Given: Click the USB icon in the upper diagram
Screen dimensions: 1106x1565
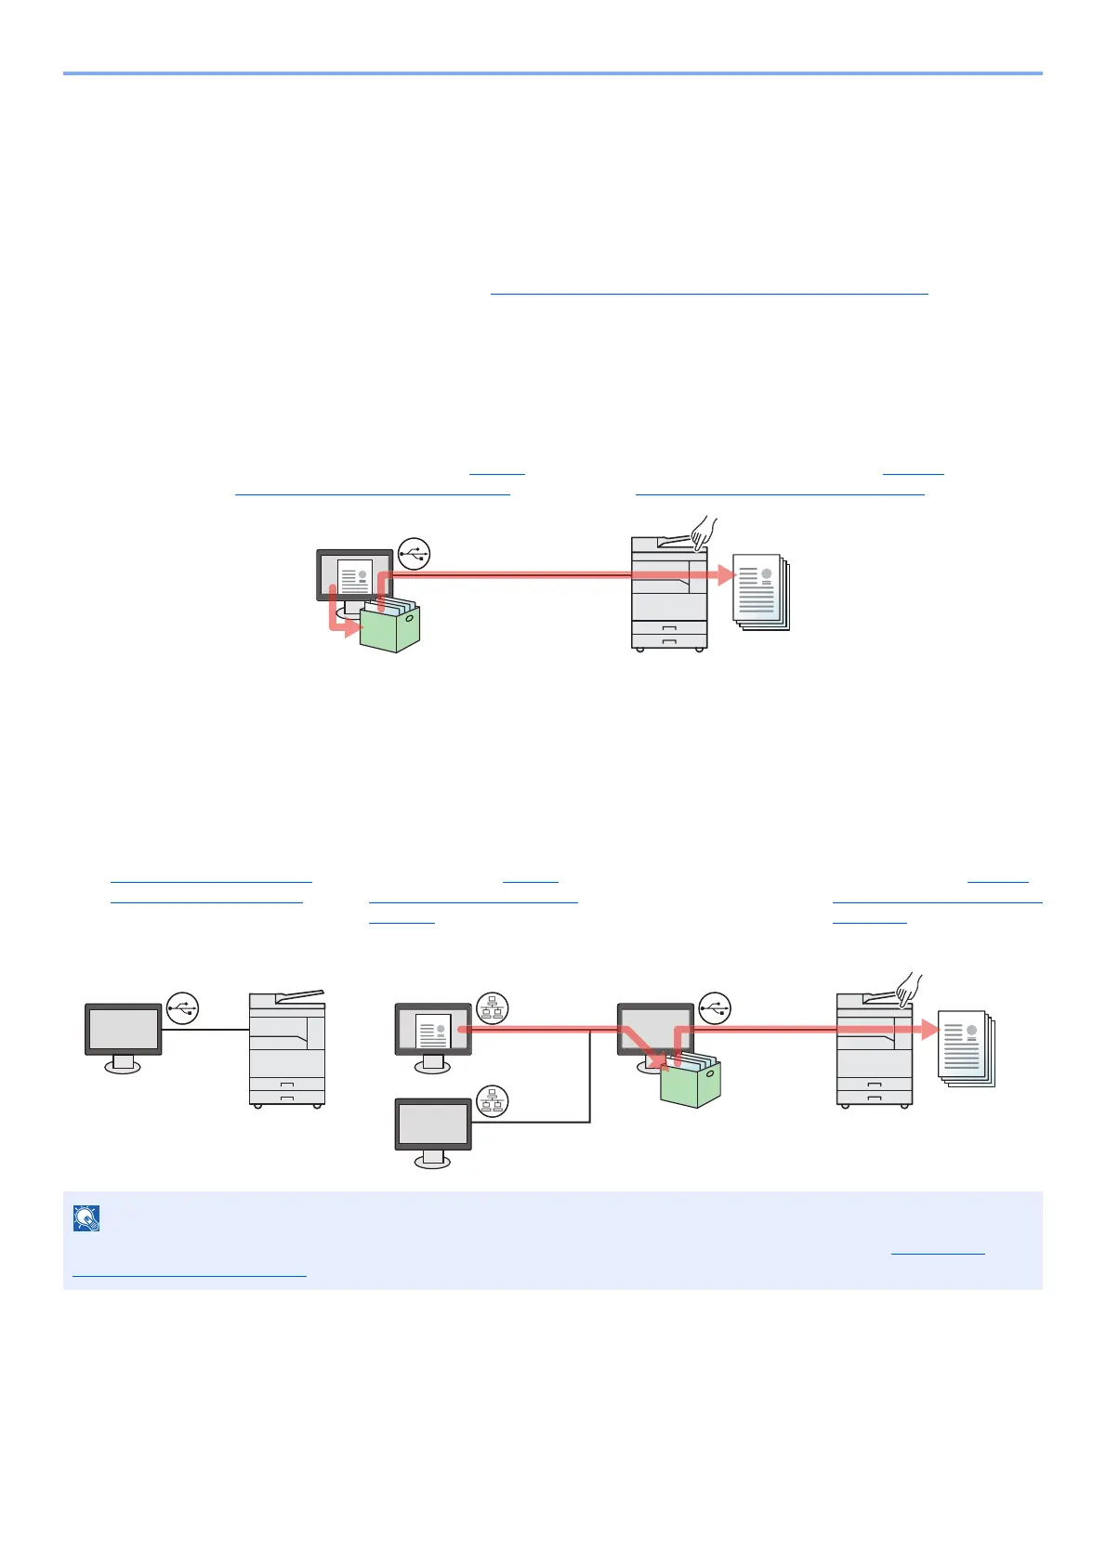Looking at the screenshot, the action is point(415,554).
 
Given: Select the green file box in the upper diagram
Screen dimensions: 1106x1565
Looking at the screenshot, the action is point(390,626).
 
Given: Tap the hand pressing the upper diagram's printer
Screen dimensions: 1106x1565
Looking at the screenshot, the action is point(704,533).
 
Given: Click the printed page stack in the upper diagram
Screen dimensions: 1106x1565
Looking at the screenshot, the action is point(761,592).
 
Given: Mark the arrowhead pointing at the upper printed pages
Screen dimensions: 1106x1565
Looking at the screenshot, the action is point(728,575).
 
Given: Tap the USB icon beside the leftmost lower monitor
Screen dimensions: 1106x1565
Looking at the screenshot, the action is point(183,1008).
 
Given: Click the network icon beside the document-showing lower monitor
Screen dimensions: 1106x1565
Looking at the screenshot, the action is point(493,1008).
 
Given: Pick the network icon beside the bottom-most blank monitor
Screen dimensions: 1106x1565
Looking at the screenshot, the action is point(493,1101).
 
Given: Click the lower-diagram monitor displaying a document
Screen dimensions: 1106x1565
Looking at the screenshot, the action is point(433,1033).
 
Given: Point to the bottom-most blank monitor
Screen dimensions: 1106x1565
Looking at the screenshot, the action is point(433,1128).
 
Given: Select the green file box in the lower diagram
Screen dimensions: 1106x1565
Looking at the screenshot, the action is point(691,1084).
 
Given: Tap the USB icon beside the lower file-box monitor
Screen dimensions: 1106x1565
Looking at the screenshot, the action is point(715,1008).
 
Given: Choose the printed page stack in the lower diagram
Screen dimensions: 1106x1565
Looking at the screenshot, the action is point(967,1048).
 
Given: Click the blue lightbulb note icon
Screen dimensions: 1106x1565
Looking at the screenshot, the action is point(86,1218).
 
